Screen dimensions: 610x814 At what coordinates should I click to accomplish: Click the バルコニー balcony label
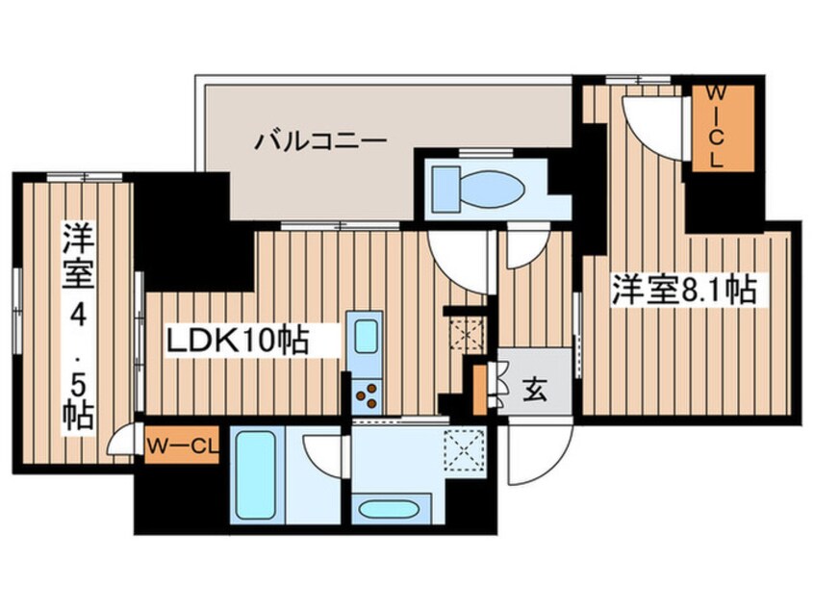pyautogui.click(x=320, y=142)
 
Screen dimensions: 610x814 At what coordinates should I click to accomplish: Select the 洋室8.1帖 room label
pyautogui.click(x=685, y=289)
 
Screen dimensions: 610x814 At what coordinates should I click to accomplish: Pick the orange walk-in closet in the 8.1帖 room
pyautogui.click(x=717, y=127)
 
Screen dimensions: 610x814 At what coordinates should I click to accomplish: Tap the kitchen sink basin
pyautogui.click(x=366, y=338)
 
